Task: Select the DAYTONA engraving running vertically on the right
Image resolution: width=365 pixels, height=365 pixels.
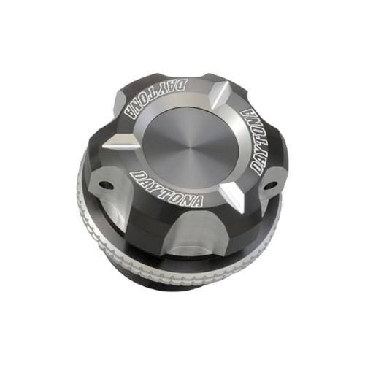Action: tap(260, 142)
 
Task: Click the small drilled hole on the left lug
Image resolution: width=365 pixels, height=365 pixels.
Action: tap(106, 185)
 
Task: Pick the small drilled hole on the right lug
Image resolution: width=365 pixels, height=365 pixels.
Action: tap(270, 185)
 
